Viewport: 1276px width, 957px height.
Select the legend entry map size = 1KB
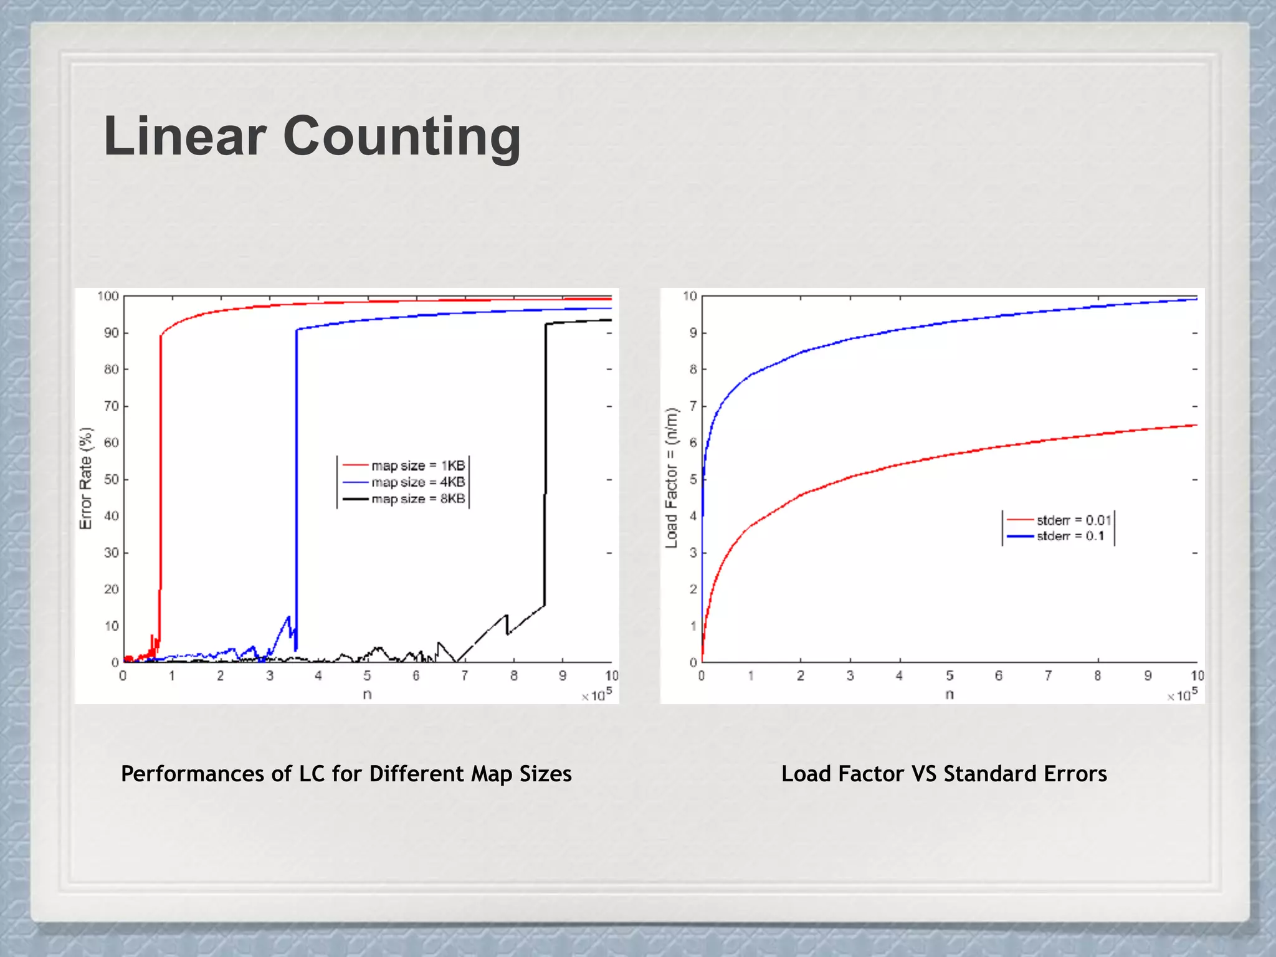417,465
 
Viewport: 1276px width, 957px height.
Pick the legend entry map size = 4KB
417,482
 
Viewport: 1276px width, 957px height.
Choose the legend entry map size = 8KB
417,499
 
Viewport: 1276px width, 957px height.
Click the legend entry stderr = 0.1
1069,536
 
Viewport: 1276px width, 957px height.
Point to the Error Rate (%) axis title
86,478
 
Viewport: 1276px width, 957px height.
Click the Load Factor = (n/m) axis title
671,478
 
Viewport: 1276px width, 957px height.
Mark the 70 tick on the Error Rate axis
112,406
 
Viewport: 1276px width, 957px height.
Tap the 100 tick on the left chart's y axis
108,296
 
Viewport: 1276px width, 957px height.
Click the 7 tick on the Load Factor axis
693,406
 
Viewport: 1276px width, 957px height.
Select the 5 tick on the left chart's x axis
367,676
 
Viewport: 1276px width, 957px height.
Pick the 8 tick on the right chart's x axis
1098,676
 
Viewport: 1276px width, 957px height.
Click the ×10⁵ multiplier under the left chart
597,694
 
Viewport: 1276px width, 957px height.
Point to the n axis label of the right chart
950,694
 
